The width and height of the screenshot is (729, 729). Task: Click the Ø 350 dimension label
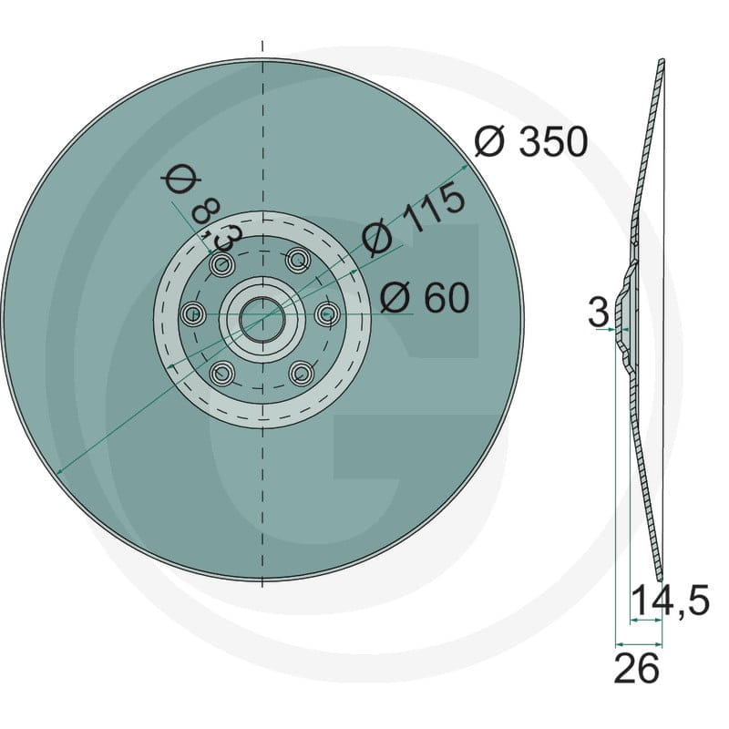tap(531, 142)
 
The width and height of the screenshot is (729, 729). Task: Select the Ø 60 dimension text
tap(425, 298)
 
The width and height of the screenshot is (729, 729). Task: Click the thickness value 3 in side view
tap(599, 312)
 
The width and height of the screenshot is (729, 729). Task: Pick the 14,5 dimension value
tap(670, 601)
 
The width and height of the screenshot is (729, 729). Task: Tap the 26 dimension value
tap(636, 668)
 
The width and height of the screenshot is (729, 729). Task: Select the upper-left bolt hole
tap(222, 265)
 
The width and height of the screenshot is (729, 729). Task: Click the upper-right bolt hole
tap(298, 260)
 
